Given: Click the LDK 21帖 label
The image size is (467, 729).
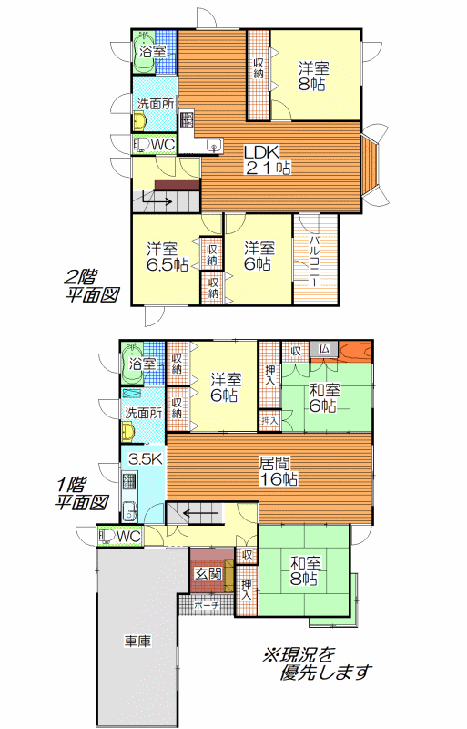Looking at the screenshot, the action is pos(268,159).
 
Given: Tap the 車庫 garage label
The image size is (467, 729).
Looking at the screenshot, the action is pos(138,642).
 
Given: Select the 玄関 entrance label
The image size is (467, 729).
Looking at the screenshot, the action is pos(208,574).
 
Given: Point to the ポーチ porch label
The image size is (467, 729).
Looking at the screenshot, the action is pos(206,606).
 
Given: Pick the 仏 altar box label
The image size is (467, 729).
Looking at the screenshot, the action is pos(324,349).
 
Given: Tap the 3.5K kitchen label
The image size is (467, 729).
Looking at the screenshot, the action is pos(146,460).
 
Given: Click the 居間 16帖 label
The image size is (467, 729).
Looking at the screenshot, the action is pos(278,471).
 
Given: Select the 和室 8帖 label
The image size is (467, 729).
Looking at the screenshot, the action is pos(304,571).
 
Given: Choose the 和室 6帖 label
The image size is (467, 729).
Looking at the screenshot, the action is pos(324,397).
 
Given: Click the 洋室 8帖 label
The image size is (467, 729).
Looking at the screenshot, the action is pos(314,77).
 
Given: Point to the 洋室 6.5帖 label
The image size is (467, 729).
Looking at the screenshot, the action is pos(168,257).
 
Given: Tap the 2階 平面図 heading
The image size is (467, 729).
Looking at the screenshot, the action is pos(91,286).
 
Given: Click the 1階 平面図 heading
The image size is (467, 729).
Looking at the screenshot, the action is pos(81,494).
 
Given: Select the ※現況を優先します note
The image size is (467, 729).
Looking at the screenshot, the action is pos(317,662).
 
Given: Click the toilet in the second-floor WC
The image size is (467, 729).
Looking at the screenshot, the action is pos(141,145).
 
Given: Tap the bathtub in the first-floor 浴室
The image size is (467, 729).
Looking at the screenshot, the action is pos(132,363).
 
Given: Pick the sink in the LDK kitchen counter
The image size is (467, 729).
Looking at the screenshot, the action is pos(214,145).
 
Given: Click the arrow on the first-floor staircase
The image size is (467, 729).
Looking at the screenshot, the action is pos(201,514).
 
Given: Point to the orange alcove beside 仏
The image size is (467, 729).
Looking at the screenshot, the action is pos(355,350).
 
